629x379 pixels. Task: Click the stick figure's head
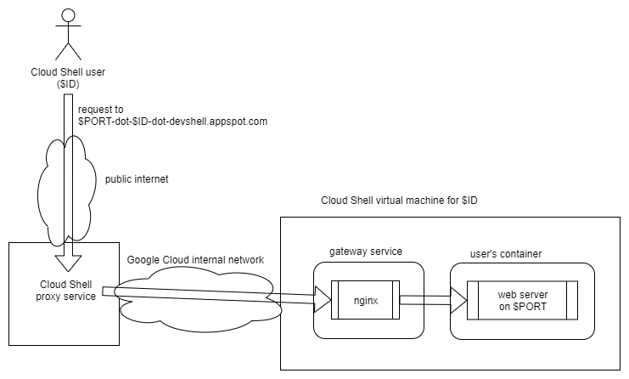(x=67, y=15)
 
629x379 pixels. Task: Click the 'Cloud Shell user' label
(x=67, y=71)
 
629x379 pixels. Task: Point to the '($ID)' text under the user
(x=67, y=84)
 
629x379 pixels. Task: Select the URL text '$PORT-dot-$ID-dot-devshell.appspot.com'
(x=172, y=122)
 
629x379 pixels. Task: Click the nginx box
(x=368, y=300)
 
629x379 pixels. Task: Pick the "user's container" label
(x=506, y=254)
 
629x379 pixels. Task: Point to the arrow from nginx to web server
(x=429, y=300)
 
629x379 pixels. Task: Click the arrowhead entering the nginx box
(x=323, y=300)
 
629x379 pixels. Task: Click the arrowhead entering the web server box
(x=460, y=300)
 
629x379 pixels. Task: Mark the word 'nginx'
(x=368, y=300)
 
